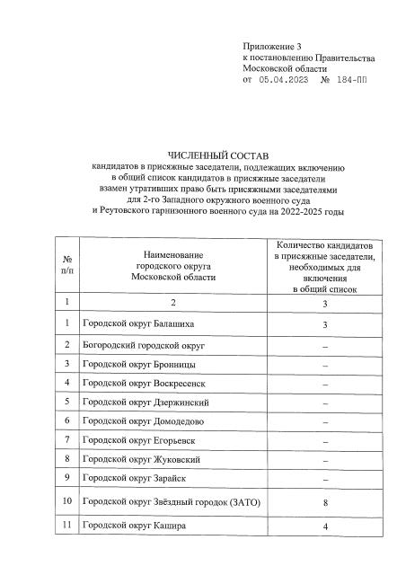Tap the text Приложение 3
[x=274, y=46]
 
